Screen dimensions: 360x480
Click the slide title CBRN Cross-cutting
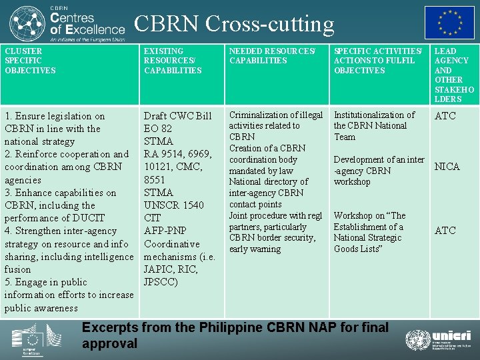[234, 24]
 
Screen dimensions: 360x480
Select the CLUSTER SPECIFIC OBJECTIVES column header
[31, 61]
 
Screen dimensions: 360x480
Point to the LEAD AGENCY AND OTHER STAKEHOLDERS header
[454, 75]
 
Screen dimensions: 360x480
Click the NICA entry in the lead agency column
[447, 167]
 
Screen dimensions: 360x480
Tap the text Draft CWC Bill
[177, 116]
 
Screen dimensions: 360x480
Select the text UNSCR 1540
[174, 205]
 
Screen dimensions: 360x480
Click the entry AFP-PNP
[167, 231]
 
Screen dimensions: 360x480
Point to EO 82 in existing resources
[158, 129]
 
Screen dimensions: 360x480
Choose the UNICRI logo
[439, 340]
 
